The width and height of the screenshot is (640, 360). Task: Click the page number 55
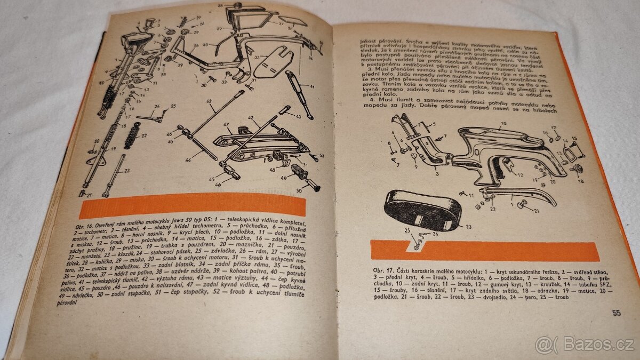pos(616,313)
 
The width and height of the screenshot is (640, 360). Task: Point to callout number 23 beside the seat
pos(468,226)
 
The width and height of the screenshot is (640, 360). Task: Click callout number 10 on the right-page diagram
pos(502,124)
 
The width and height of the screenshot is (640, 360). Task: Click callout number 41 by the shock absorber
pos(311,87)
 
